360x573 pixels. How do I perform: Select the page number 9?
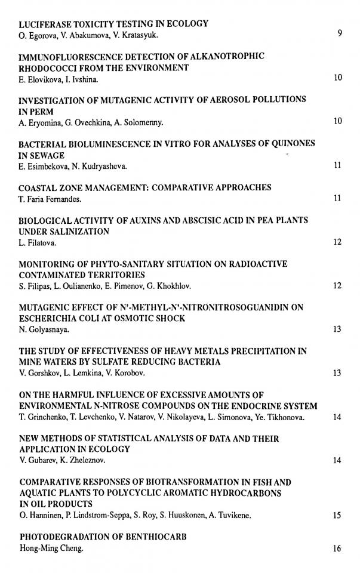pyautogui.click(x=339, y=34)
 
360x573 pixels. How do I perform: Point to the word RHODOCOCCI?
pyautogui.click(x=47, y=68)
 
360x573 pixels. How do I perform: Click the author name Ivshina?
pyautogui.click(x=85, y=79)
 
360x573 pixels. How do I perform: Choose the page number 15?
pyautogui.click(x=337, y=515)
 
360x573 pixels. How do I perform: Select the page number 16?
pyautogui.click(x=337, y=548)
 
